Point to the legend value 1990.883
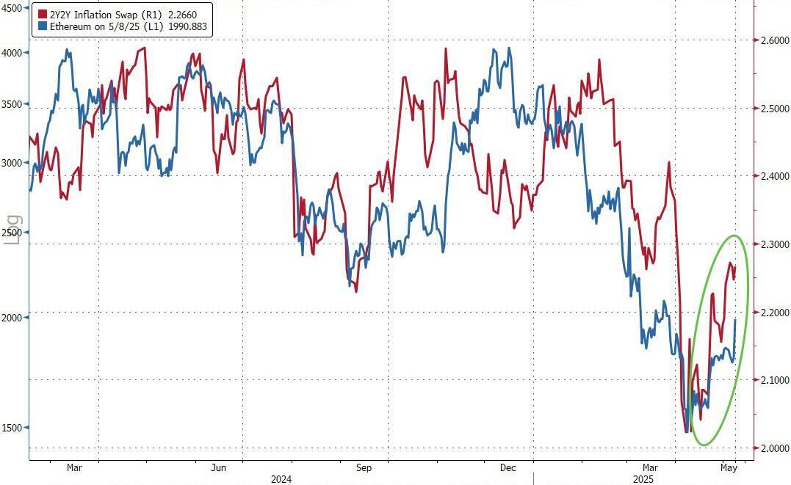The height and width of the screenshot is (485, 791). click(189, 26)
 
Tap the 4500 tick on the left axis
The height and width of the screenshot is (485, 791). click(12, 10)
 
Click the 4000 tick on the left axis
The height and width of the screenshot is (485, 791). click(12, 53)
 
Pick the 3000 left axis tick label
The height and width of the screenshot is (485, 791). click(12, 163)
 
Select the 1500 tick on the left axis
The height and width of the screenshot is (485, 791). click(12, 428)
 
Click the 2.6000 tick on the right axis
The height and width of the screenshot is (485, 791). click(775, 41)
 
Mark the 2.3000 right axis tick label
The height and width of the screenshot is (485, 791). click(775, 244)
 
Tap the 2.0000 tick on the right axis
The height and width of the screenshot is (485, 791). click(775, 448)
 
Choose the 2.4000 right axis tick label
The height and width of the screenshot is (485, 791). click(775, 177)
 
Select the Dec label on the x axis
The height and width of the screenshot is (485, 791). click(508, 467)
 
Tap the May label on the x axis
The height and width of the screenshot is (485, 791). click(729, 467)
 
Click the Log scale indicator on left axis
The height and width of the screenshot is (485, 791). click(14, 228)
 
